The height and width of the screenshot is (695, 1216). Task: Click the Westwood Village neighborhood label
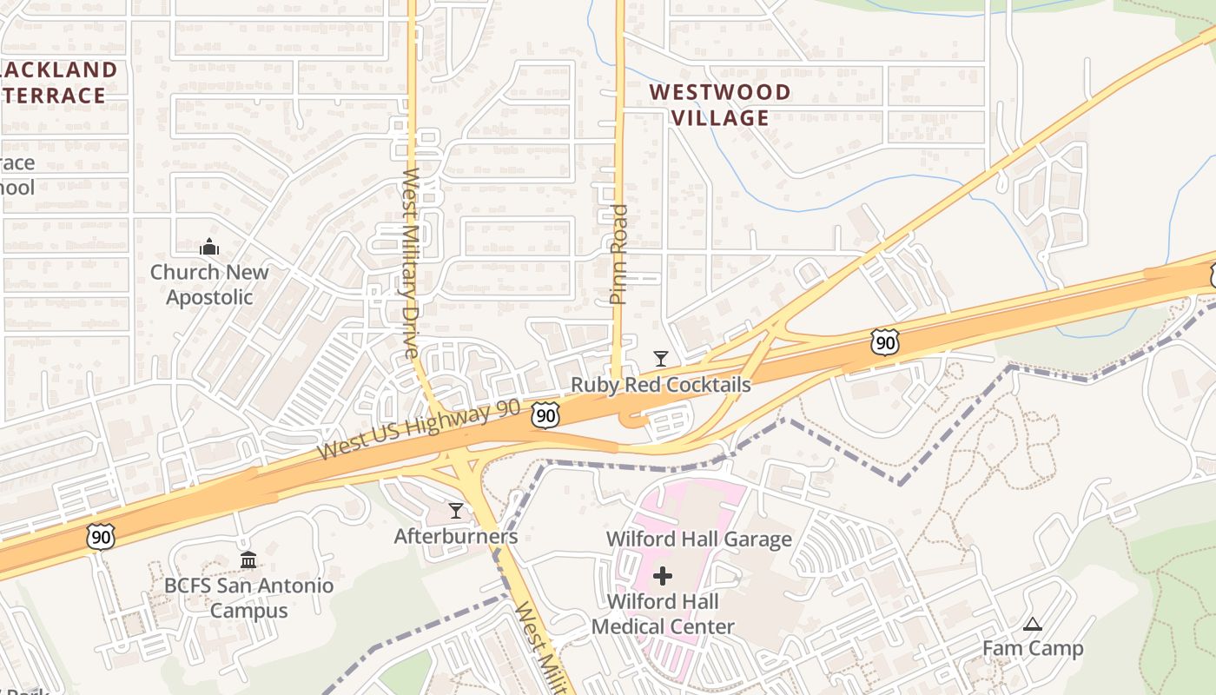coord(720,104)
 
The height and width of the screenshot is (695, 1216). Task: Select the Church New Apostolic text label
coord(209,284)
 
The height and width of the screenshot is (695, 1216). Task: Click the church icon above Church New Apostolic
coord(209,248)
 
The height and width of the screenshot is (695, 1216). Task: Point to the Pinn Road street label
coord(618,254)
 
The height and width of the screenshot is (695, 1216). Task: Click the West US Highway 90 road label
coord(419,430)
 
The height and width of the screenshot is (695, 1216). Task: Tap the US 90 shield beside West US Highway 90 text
coord(545,415)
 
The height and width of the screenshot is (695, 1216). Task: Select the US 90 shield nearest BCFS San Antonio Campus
coord(101,537)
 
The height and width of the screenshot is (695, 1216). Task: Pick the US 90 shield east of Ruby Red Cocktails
coord(884,342)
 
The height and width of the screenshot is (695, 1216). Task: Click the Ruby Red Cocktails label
coord(660,384)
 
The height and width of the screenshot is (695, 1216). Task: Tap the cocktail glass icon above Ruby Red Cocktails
coord(661,359)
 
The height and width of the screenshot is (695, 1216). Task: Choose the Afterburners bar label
coord(456,536)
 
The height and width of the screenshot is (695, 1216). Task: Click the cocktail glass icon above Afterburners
coord(456,511)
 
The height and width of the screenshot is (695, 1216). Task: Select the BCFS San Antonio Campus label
coord(248,598)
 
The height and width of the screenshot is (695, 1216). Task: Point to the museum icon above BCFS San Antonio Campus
coord(248,560)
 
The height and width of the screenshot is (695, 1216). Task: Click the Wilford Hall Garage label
coord(698,539)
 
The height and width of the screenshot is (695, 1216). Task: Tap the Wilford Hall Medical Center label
coord(663,613)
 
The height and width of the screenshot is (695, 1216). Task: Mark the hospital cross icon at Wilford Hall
coord(663,575)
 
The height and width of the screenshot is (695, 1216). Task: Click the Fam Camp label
coord(1033,648)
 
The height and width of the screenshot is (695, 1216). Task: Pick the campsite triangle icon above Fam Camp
coord(1032,624)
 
